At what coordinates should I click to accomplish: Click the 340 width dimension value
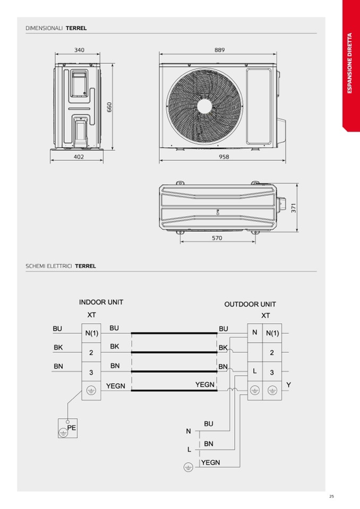79,50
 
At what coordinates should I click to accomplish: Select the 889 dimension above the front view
219,50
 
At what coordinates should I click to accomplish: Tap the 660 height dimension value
109,107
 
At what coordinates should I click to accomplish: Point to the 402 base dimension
79,157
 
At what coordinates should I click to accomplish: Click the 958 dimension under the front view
224,157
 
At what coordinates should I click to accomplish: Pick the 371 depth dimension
294,208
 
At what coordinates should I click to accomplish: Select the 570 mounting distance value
217,238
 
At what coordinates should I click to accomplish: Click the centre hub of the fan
204,107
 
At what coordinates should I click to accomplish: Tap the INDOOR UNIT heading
101,302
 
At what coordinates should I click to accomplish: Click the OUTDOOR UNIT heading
250,305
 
